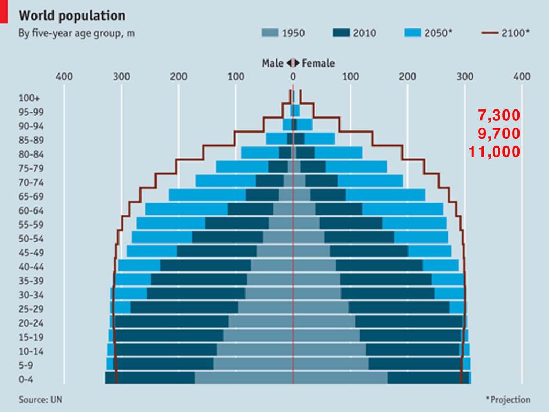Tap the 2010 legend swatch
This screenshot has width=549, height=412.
click(341, 33)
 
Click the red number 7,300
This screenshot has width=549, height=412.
click(499, 116)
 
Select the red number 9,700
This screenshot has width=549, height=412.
click(499, 134)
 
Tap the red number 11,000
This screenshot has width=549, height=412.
click(494, 152)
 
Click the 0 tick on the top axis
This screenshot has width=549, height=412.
click(293, 77)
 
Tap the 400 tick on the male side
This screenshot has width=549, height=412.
click(64, 77)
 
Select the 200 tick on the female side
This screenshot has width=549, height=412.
click(407, 77)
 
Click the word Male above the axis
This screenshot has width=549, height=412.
click(272, 63)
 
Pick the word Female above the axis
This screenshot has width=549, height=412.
click(318, 63)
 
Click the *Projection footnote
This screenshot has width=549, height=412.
click(508, 400)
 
